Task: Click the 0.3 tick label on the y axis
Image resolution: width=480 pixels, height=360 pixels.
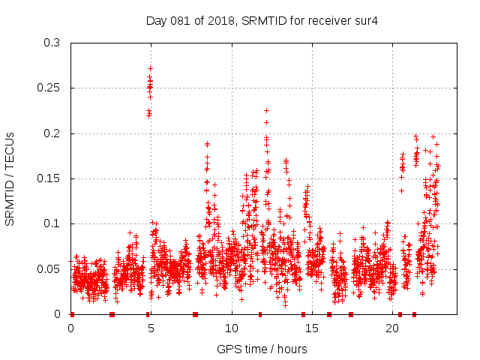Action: (52, 43)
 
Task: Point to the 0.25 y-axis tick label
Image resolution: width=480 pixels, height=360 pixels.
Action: (49, 88)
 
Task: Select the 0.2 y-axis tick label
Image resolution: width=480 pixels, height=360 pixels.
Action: (52, 133)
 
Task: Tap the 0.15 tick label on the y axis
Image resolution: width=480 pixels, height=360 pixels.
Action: (49, 178)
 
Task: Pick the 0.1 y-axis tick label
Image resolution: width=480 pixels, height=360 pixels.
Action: (52, 223)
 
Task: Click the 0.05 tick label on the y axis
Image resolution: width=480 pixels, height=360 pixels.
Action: (49, 268)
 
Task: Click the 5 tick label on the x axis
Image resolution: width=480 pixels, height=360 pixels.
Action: (151, 328)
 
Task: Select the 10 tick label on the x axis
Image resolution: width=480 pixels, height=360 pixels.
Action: (232, 328)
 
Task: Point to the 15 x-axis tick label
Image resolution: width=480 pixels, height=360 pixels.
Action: (312, 328)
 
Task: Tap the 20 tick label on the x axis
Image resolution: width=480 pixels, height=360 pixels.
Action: (392, 328)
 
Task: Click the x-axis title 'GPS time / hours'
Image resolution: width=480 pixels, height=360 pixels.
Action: (262, 349)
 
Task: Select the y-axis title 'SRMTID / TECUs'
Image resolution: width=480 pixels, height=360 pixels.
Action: (10, 178)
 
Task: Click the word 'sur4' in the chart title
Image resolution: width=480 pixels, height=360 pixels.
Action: (366, 20)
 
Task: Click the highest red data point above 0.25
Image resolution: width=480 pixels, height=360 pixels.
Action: (150, 68)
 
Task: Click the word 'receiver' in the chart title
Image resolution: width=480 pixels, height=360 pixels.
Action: (328, 20)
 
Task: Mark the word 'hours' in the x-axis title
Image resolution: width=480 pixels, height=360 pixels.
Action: (291, 349)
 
